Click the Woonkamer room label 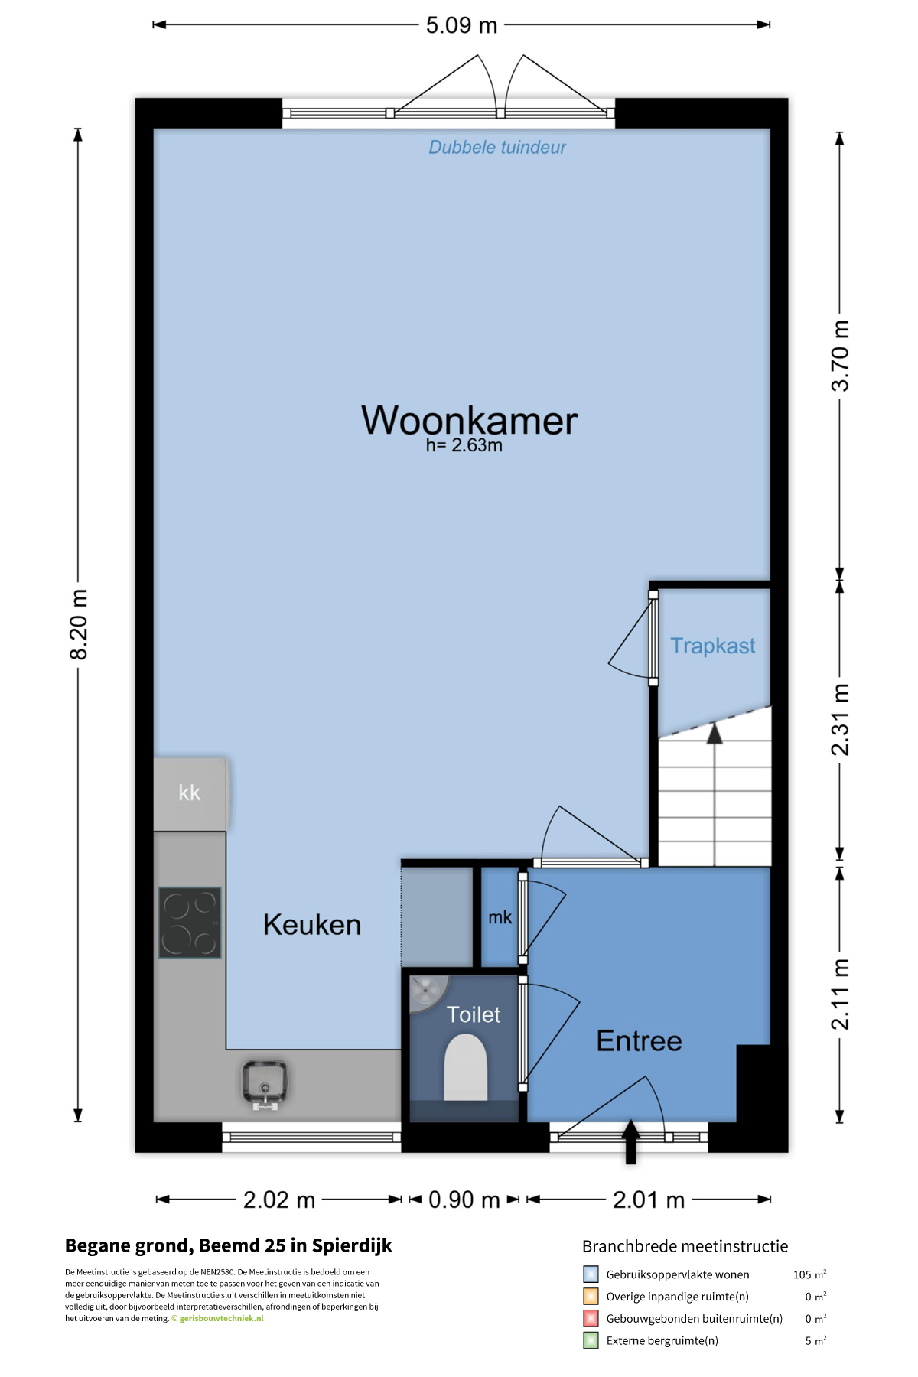coord(469,420)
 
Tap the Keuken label coord(312,925)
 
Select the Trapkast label coord(713,646)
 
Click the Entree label coord(639,1040)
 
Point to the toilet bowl coord(466,1067)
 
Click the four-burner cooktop coord(190,923)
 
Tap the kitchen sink coord(265,1083)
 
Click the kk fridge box coord(190,793)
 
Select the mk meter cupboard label coord(500,917)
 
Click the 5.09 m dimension coord(462,25)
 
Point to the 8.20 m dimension coord(79,624)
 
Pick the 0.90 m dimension coord(464,1200)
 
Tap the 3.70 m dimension coord(840,356)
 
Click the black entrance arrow coord(630,1142)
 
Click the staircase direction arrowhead coord(715,733)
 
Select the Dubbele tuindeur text coord(497,148)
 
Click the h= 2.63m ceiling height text coord(464,445)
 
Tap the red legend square coord(591,1318)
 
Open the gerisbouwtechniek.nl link coord(221,1318)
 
